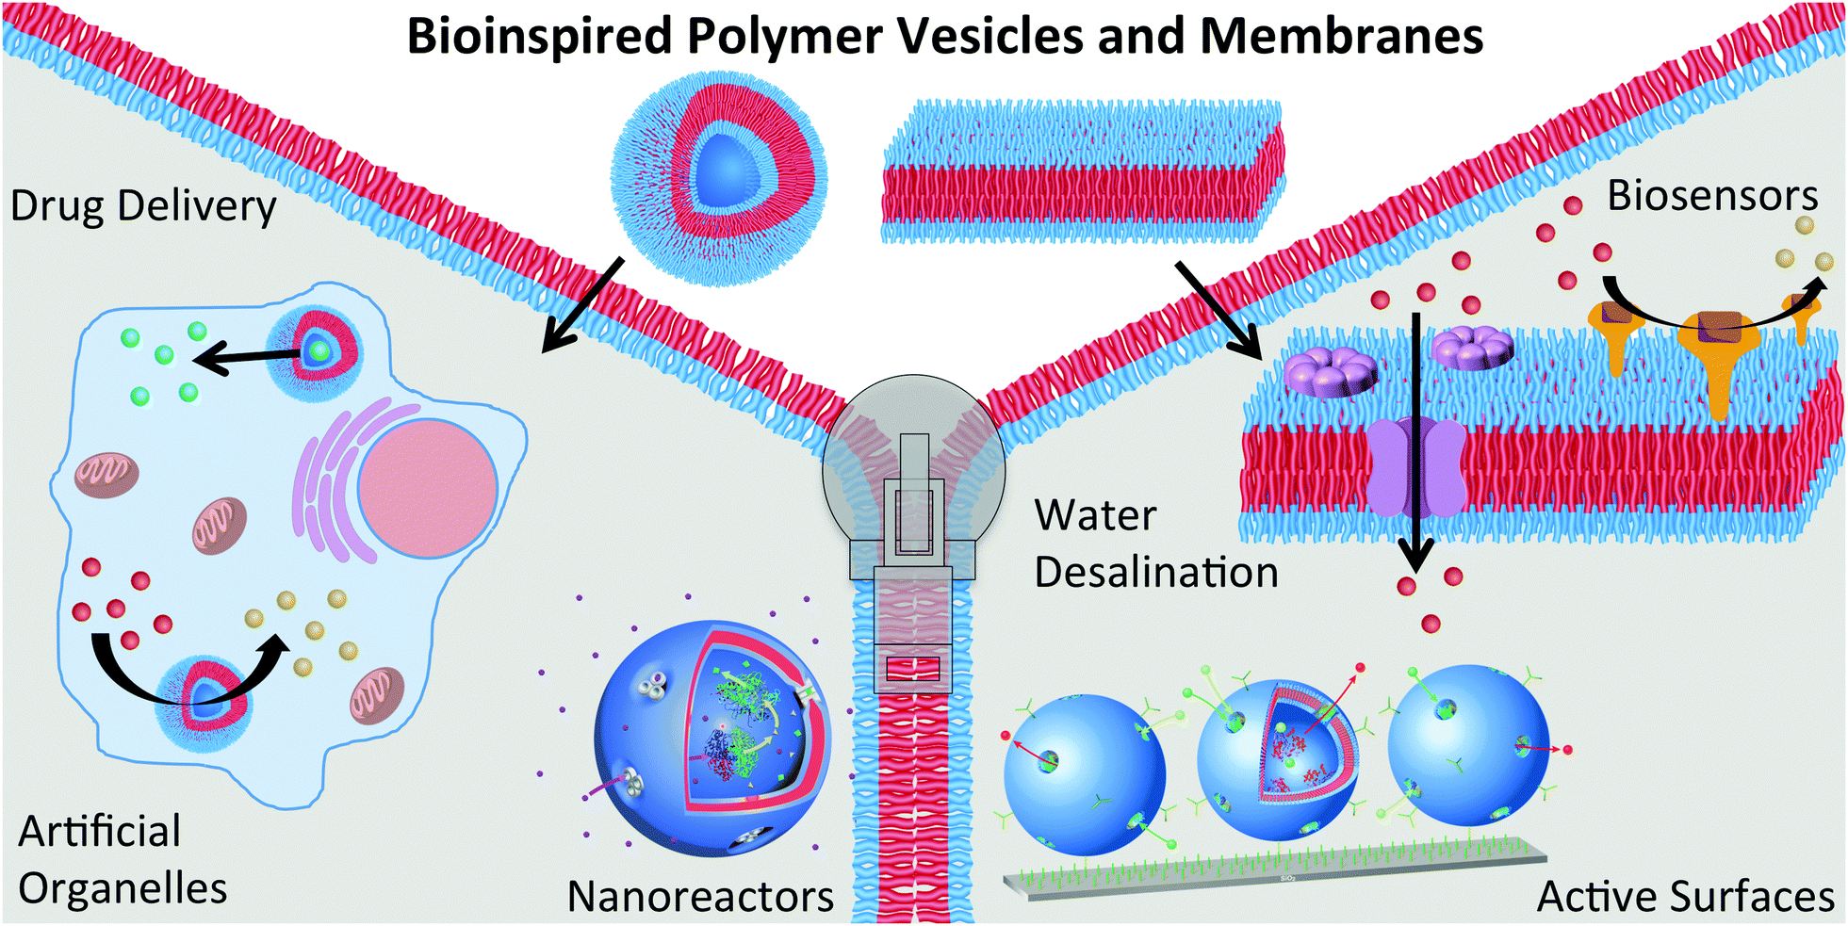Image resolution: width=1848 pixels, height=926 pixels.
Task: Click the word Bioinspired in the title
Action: pos(539,38)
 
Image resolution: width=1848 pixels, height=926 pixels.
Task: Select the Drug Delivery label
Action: pos(143,206)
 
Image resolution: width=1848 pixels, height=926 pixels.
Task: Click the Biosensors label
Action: pos(1712,196)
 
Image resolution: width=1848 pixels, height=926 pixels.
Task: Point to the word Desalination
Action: pos(1156,573)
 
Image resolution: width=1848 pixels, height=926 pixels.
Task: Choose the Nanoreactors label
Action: pos(700,896)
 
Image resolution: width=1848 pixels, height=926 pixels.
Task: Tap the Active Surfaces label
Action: pos(1686,896)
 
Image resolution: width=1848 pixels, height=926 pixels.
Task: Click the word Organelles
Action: pos(123,888)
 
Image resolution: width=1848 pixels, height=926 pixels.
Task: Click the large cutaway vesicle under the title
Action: pos(719,177)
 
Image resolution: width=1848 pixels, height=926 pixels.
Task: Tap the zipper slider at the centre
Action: pos(913,528)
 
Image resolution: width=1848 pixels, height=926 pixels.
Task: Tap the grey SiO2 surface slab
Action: pos(1272,871)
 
